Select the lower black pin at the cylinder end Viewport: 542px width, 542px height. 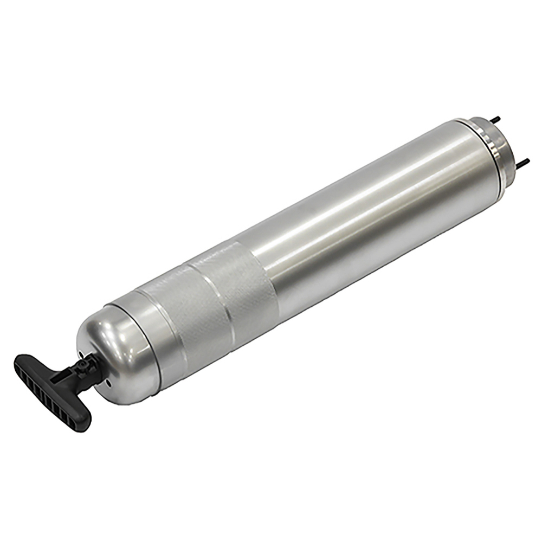pos(524,161)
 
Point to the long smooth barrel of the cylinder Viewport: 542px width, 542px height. pos(369,217)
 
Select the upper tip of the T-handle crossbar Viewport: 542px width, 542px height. pos(22,360)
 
